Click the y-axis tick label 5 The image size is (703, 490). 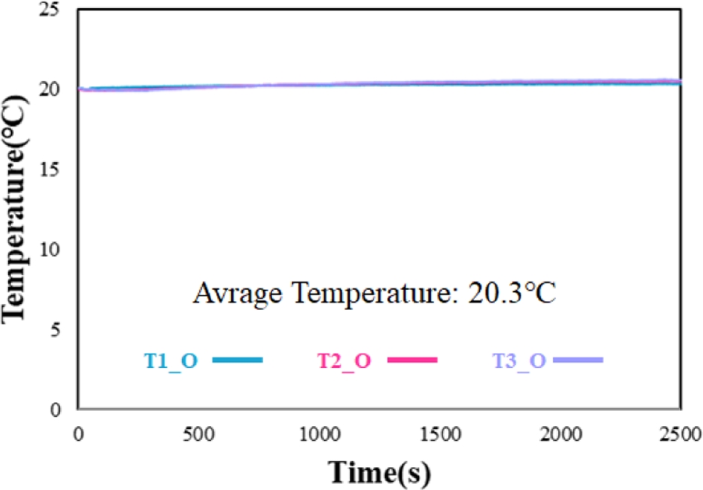pyautogui.click(x=62, y=329)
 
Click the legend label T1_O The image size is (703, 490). pyautogui.click(x=170, y=361)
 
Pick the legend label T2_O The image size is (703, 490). pyautogui.click(x=345, y=361)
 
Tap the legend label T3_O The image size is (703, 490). pyautogui.click(x=519, y=361)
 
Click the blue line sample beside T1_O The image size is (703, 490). pyautogui.click(x=237, y=360)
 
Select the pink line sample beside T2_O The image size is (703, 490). pyautogui.click(x=412, y=360)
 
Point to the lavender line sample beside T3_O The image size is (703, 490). pyautogui.click(x=578, y=360)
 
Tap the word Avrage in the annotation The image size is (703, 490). pyautogui.click(x=234, y=293)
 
